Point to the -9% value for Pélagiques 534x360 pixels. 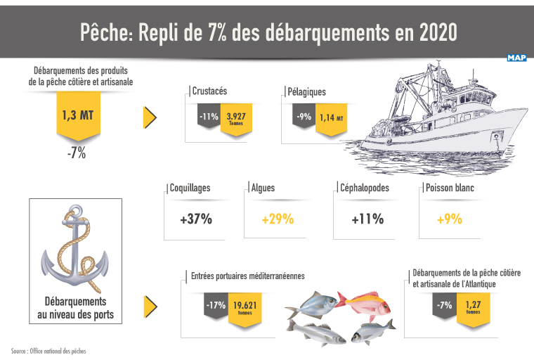click(x=304, y=116)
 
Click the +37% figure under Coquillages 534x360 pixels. click(x=195, y=219)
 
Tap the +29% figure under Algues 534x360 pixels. click(x=277, y=219)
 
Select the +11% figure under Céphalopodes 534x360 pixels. click(x=367, y=219)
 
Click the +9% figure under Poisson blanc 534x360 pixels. click(x=449, y=219)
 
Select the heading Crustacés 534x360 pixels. click(x=209, y=91)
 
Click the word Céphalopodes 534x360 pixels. click(x=364, y=188)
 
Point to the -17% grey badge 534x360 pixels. click(x=215, y=306)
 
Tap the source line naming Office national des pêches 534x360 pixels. click(x=48, y=350)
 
